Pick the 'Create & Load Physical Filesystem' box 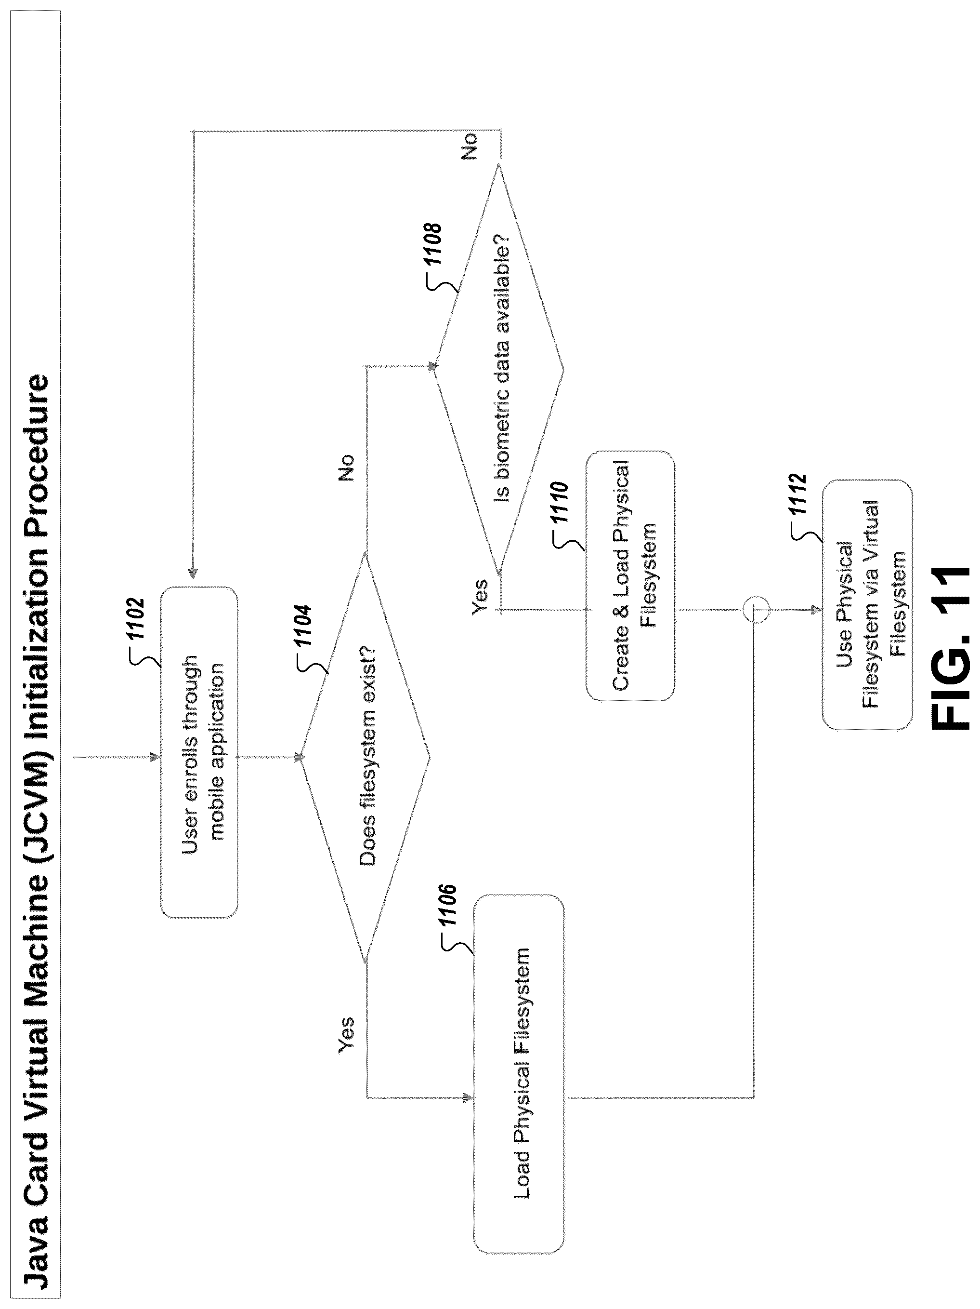pos(630,576)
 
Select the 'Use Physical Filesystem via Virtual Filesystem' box pos(867,605)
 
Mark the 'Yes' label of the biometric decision pos(480,598)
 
